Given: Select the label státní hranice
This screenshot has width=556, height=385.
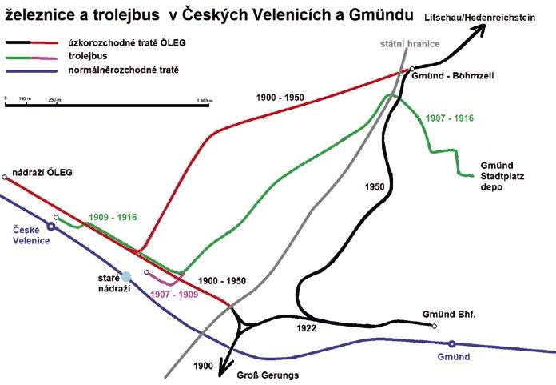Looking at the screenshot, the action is click(407, 43).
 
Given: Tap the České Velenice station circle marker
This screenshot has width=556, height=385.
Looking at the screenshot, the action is click(51, 227).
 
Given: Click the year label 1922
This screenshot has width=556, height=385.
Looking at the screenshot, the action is click(306, 328).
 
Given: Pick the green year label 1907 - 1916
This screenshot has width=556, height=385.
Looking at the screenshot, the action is click(451, 118).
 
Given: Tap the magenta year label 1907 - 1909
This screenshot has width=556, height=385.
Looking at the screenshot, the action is click(174, 294).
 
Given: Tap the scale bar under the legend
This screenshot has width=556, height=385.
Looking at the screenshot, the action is click(109, 101).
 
